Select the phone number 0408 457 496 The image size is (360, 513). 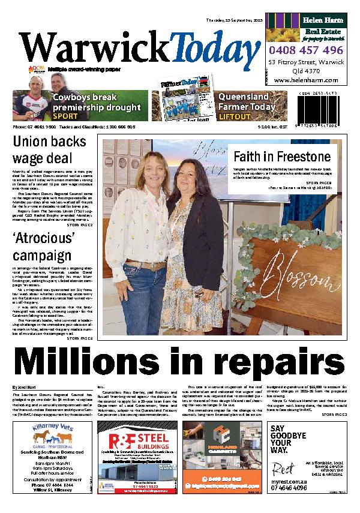point(306,50)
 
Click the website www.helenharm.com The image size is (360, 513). point(306,80)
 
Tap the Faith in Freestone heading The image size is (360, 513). point(272,157)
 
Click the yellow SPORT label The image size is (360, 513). point(65,116)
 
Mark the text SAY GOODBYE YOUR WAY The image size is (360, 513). point(286,438)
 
